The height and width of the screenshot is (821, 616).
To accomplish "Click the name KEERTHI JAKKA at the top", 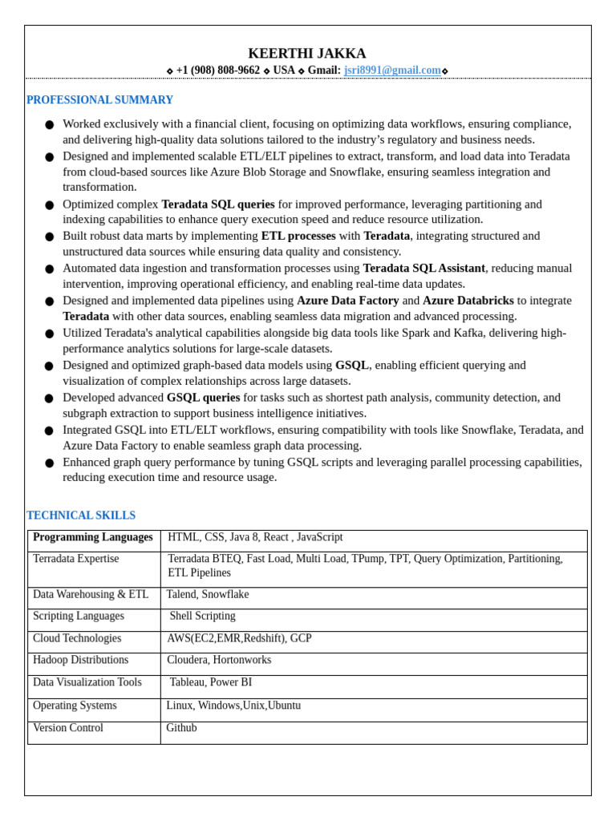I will point(307,54).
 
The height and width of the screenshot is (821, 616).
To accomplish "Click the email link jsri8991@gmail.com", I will point(392,71).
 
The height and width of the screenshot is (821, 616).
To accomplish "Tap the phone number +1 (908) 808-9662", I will point(217,71).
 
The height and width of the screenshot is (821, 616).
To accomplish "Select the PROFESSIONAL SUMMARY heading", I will point(99,100).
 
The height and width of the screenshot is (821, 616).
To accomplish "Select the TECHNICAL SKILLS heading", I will point(81,516).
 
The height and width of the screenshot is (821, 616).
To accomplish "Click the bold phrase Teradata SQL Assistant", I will point(423,268).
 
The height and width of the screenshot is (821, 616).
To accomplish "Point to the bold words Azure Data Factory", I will point(347,301).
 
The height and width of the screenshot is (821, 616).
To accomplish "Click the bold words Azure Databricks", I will point(468,301).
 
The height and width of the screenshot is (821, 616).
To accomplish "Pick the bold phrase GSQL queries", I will point(203,398).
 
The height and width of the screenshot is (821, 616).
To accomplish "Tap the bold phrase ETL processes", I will point(298,236).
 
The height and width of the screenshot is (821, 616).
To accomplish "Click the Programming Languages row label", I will point(93,537).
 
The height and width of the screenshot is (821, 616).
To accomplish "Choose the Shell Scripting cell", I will point(202,616).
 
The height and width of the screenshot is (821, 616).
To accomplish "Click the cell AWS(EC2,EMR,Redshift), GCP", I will point(239,638).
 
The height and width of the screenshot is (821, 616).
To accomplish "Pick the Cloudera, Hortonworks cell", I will point(219,660).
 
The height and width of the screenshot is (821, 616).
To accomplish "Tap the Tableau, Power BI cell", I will point(210,682).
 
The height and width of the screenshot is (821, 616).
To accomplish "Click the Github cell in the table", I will point(181,728).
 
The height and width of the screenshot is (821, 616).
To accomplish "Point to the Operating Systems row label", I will point(75,706).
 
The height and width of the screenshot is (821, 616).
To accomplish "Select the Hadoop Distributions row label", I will point(80,660).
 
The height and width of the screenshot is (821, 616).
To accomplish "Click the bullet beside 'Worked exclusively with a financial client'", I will point(50,125).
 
